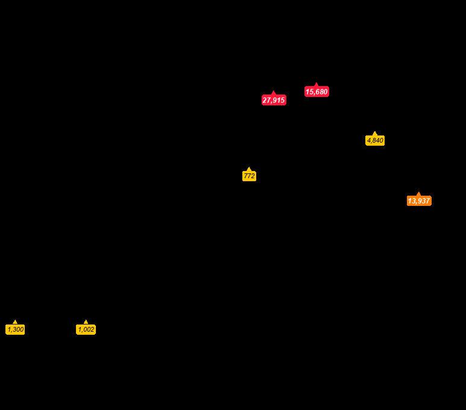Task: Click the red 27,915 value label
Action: coord(274,101)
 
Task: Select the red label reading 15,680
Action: coord(316,92)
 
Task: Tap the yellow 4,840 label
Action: coord(375,141)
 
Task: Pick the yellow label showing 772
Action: coord(249,176)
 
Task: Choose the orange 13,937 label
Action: coord(419,201)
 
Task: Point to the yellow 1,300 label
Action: coord(15,330)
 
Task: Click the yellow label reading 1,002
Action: coord(86,330)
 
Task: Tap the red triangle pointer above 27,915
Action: coord(274,93)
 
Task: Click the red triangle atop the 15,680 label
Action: coord(316,85)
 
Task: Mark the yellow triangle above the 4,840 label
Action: coord(375,134)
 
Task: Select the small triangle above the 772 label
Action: coord(249,169)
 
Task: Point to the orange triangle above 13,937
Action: coord(419,194)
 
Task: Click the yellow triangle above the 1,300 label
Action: coord(15,323)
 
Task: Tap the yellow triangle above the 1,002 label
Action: coord(86,323)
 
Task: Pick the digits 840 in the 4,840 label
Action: coord(378,141)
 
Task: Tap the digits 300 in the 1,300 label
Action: coord(18,330)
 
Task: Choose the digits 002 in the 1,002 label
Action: coord(89,330)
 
